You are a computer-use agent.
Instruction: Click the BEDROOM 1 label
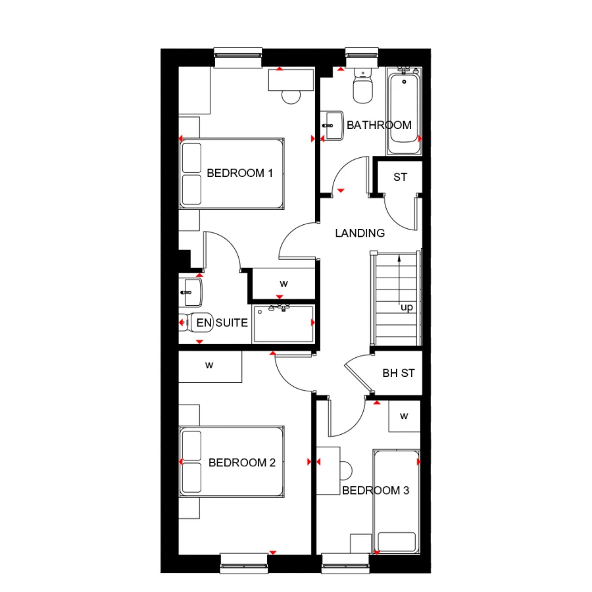(x=239, y=174)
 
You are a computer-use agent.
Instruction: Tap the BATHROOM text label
(x=379, y=125)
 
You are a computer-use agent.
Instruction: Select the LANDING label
(x=360, y=233)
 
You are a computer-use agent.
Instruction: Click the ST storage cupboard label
(x=400, y=178)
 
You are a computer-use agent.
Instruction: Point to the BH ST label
(x=399, y=373)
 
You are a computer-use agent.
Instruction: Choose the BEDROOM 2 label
(x=241, y=463)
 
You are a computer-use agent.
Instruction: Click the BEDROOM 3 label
(x=376, y=491)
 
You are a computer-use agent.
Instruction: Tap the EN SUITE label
(x=222, y=323)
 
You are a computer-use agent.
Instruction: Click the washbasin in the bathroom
(x=333, y=125)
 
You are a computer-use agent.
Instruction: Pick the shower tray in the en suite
(x=283, y=323)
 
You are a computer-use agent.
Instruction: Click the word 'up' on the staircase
(x=407, y=307)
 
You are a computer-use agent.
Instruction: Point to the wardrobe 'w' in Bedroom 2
(x=210, y=366)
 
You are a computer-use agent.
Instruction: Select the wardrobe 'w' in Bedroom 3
(x=404, y=416)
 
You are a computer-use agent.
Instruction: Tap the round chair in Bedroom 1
(x=290, y=96)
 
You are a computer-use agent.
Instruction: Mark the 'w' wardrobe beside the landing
(x=284, y=284)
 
